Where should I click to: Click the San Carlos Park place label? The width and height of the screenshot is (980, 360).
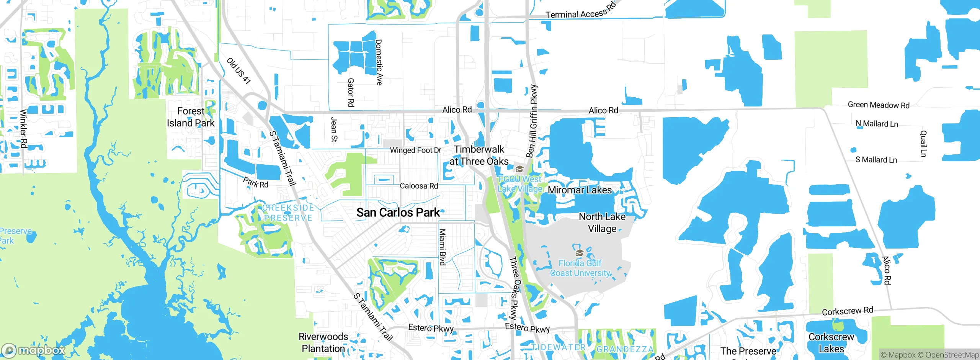(x=398, y=213)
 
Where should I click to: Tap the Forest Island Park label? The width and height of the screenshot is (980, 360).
(x=191, y=117)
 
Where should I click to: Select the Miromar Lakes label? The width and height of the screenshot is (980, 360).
(x=580, y=190)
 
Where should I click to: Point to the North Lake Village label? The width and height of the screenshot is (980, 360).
(x=602, y=223)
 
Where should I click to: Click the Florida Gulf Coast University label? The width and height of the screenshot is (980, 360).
(x=580, y=268)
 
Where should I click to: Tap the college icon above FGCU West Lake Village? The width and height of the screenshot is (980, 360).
(x=519, y=169)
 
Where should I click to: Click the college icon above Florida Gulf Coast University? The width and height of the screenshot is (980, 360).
(x=580, y=253)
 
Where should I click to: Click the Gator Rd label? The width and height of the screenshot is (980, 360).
(x=351, y=92)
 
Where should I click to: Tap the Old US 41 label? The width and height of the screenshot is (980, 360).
(x=238, y=71)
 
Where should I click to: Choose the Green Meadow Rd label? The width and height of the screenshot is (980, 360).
(x=879, y=105)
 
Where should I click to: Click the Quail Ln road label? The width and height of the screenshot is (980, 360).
(x=923, y=144)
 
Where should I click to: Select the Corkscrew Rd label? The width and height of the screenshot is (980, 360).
(x=848, y=311)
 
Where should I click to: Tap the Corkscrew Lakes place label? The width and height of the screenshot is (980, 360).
(x=831, y=343)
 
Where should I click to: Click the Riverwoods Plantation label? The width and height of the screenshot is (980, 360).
(x=323, y=342)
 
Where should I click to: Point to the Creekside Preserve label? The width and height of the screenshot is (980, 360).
(x=288, y=213)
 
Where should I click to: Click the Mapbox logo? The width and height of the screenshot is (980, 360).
(x=34, y=350)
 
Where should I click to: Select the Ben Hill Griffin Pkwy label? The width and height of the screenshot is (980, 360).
(x=532, y=121)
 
